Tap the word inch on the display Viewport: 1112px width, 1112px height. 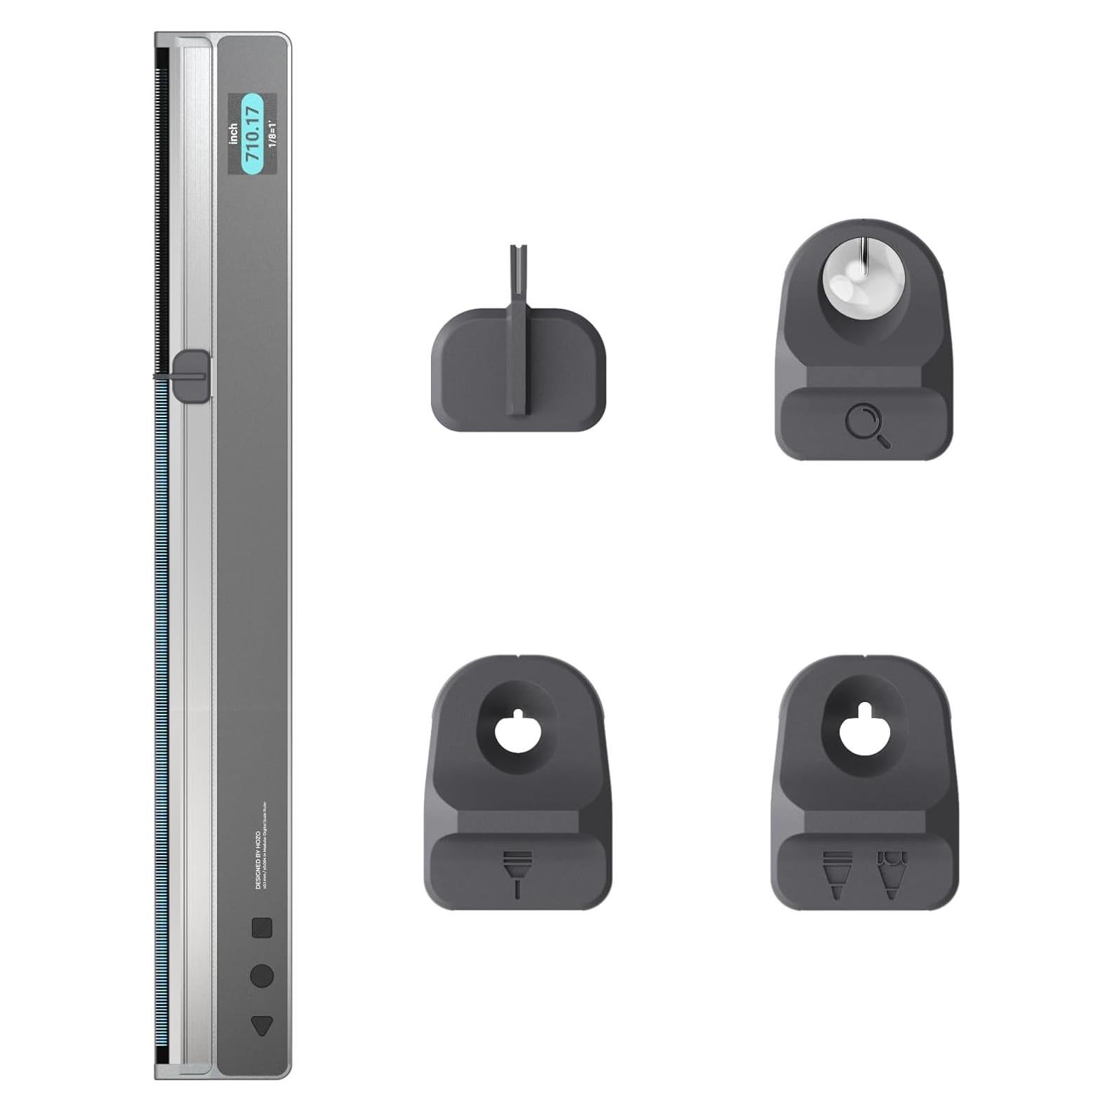234,135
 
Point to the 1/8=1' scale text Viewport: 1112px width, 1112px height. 272,135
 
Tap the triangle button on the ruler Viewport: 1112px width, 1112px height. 261,1026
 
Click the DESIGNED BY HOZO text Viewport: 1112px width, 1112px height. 258,860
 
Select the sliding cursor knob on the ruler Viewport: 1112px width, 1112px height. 191,376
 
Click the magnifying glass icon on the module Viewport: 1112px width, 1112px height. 867,425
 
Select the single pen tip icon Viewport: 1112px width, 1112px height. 518,874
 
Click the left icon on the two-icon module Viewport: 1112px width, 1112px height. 837,874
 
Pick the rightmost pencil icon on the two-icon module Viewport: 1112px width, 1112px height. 892,874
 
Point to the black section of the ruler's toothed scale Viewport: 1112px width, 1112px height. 162,211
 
